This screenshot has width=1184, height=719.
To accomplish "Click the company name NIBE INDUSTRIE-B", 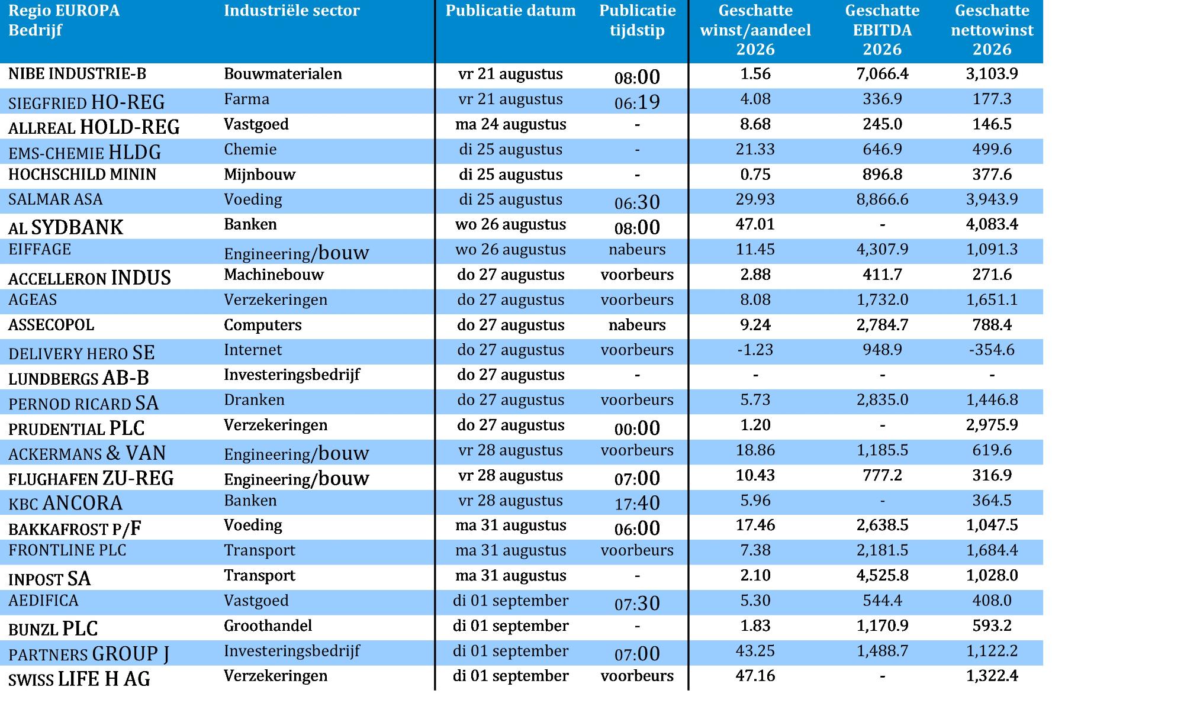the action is click(x=77, y=74).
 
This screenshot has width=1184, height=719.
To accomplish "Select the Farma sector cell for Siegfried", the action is click(x=246, y=99).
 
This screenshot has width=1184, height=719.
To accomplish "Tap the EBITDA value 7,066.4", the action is click(x=882, y=74).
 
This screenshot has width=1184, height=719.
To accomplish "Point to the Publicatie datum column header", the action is click(x=510, y=11).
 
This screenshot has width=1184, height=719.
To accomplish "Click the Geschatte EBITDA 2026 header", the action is click(x=882, y=30).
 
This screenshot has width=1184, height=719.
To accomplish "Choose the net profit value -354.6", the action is click(x=992, y=350).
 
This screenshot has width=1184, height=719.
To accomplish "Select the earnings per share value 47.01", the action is click(x=755, y=224).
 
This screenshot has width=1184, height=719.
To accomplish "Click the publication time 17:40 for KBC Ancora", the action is click(x=637, y=503).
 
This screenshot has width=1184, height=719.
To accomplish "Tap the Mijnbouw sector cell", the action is click(x=259, y=175).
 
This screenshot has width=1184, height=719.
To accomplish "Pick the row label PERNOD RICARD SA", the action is click(x=83, y=403).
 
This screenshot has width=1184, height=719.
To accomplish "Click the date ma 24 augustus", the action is click(x=510, y=124).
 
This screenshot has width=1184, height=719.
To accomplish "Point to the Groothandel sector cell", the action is click(x=268, y=626).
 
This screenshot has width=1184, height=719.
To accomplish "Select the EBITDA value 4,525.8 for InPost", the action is click(x=882, y=575).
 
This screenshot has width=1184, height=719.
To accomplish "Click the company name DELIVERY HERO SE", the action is click(x=81, y=353).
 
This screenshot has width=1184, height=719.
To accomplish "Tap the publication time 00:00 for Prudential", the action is click(x=637, y=428).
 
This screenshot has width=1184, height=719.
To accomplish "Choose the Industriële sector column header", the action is click(x=292, y=11).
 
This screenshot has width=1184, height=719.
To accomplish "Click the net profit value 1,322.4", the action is click(x=992, y=676).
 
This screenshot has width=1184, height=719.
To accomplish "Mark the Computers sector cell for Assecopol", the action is click(x=262, y=325).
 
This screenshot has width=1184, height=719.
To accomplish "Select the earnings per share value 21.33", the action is click(x=755, y=149).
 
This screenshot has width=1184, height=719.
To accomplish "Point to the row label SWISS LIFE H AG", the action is click(x=79, y=679).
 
